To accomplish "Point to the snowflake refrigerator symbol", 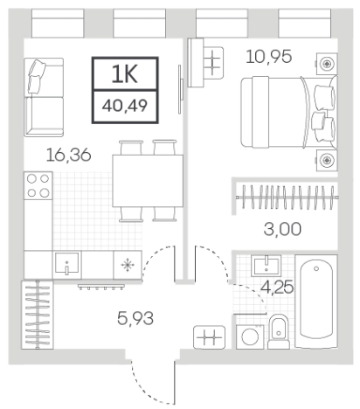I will (127, 262).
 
